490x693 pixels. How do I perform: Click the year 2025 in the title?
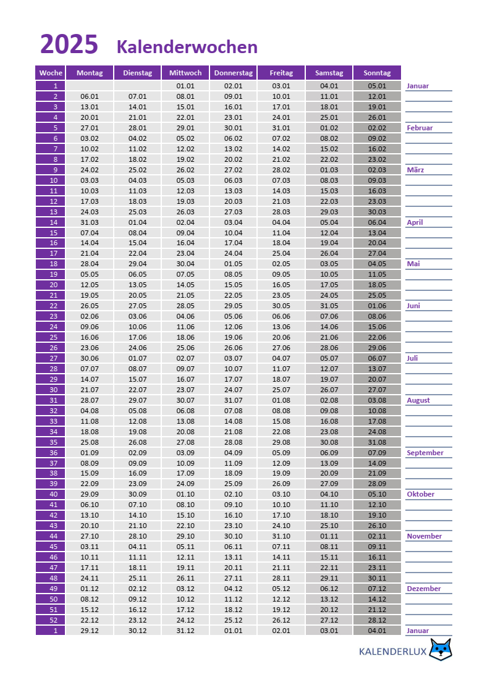pyautogui.click(x=69, y=45)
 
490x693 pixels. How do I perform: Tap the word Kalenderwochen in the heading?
pyautogui.click(x=187, y=47)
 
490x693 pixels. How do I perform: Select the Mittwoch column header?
pyautogui.click(x=185, y=73)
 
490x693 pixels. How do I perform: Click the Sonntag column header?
pyautogui.click(x=377, y=73)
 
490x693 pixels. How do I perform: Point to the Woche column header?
pyautogui.click(x=51, y=73)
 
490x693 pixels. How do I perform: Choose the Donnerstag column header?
pyautogui.click(x=234, y=73)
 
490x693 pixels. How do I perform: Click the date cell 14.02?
pyautogui.click(x=281, y=149)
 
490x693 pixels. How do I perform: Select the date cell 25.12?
pyautogui.click(x=234, y=620)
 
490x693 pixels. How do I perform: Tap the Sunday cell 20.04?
pyautogui.click(x=377, y=243)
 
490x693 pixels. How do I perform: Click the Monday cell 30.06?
pyautogui.click(x=90, y=358)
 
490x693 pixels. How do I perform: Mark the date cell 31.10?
pyautogui.click(x=281, y=536)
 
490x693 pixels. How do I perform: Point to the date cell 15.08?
pyautogui.click(x=281, y=421)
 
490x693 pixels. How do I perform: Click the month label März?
pyautogui.click(x=415, y=170)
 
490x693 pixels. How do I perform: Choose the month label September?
pyautogui.click(x=425, y=453)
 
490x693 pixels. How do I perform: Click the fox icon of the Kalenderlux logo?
pyautogui.click(x=441, y=650)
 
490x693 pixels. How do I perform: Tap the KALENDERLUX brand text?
pyautogui.click(x=393, y=651)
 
